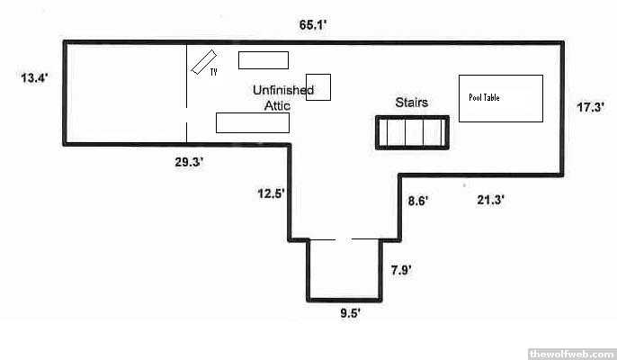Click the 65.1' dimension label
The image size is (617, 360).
[x=312, y=25]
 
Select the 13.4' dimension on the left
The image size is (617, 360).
[x=33, y=78]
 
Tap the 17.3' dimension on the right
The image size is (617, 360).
[x=589, y=107]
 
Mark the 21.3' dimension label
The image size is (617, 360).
[x=490, y=201]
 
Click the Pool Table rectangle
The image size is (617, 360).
[x=501, y=97]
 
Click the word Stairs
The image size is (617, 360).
[x=411, y=103]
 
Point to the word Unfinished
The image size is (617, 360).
[x=282, y=90]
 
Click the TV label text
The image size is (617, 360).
[x=214, y=72]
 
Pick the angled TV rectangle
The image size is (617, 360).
[x=199, y=62]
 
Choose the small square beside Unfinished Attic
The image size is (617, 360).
[x=318, y=87]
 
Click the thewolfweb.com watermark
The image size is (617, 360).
[x=570, y=352]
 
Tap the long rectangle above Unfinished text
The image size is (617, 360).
[x=263, y=60]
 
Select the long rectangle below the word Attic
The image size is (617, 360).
[x=252, y=122]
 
